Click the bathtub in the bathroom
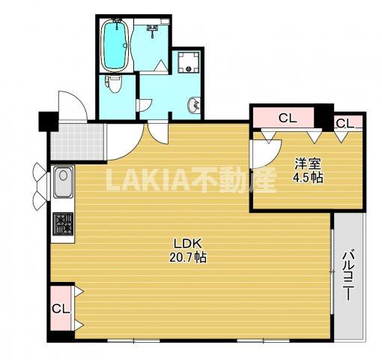coord(115,46)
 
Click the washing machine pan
coord(189,61)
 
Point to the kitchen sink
coord(64,182)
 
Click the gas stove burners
coord(63,223)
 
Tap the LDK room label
coord(187,243)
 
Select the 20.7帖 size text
coord(188,257)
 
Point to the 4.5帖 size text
coord(308,178)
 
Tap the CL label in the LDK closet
coord(61,309)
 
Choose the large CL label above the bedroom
coord(288,118)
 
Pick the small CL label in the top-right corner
coord(345,123)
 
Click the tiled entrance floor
coord(77,142)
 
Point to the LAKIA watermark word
coord(148,179)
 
